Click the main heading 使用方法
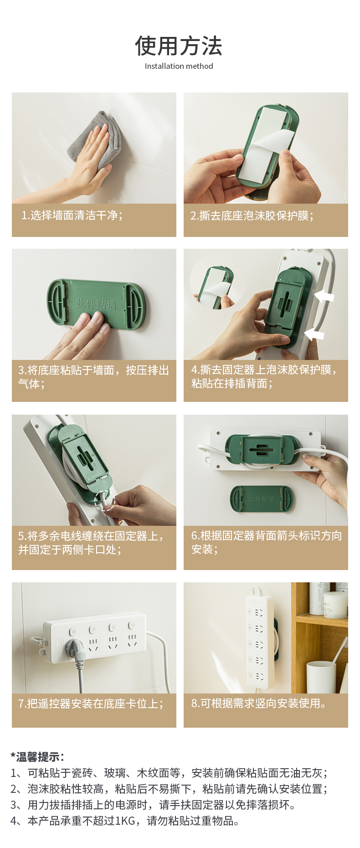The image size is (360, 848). click(x=179, y=46)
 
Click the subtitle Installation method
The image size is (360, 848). click(x=179, y=66)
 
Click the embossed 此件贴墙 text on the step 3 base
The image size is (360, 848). click(x=96, y=304)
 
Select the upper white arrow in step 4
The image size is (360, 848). click(x=324, y=297)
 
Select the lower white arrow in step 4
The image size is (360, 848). click(x=314, y=334)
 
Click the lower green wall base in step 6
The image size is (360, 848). click(x=262, y=499)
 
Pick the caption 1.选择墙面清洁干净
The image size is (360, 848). click(x=72, y=215)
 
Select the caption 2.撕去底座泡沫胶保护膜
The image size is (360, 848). click(x=252, y=216)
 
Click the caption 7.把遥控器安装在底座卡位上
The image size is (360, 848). click(x=91, y=704)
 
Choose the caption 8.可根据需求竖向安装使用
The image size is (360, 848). click(x=259, y=703)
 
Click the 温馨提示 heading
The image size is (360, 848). click(x=37, y=757)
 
